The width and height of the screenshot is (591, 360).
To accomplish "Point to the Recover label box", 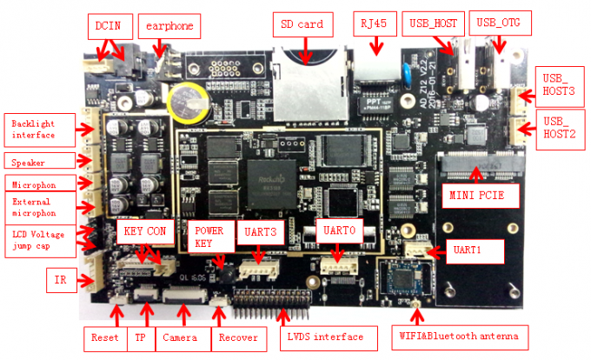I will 236,337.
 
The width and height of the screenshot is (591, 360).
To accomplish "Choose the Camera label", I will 180,337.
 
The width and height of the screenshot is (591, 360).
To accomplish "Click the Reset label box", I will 104,337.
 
